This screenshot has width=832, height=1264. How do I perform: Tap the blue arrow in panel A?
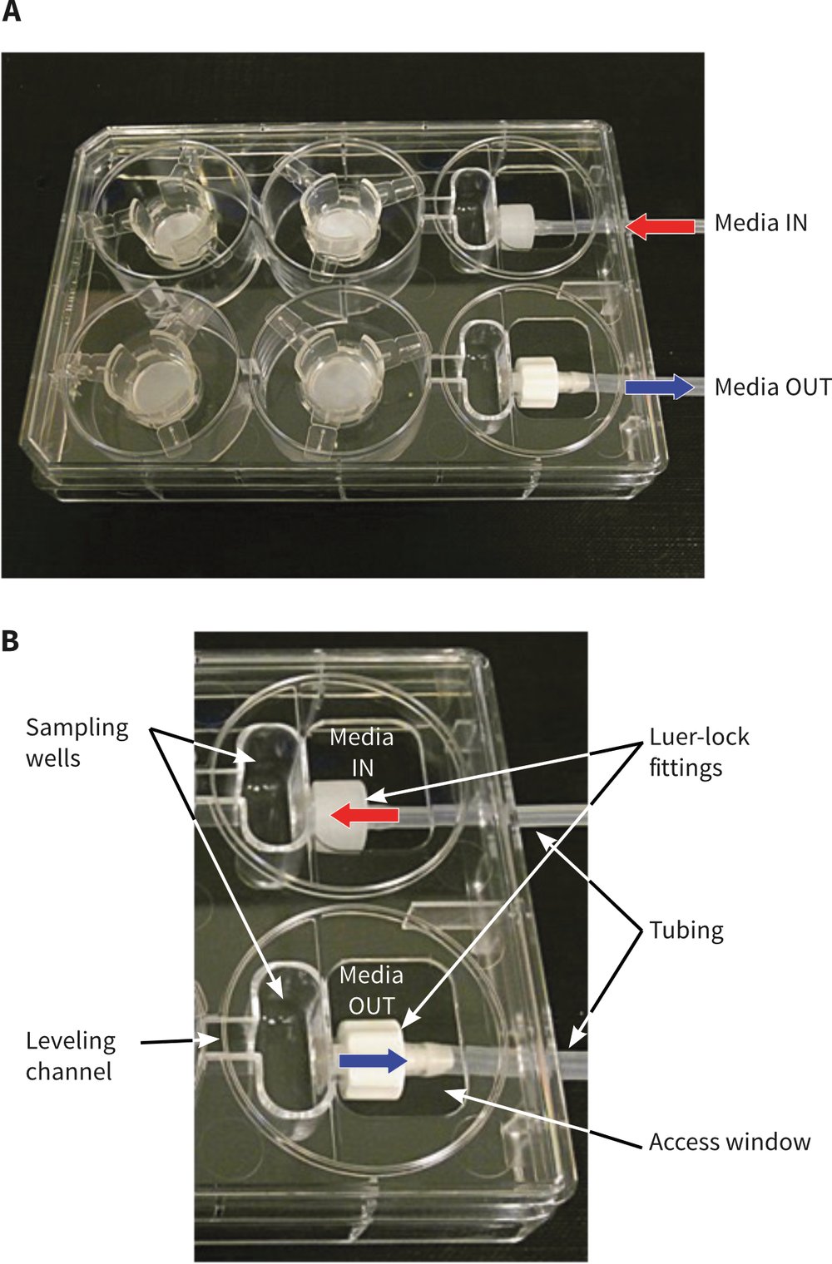[x=660, y=387]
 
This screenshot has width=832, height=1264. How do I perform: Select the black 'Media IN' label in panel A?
[x=760, y=223]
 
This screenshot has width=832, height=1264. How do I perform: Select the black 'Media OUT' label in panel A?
[x=772, y=387]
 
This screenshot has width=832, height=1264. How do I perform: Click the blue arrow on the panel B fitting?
[x=373, y=1060]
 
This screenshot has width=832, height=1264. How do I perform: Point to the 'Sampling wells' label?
[x=77, y=743]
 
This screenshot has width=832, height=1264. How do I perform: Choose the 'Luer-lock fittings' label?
[x=699, y=752]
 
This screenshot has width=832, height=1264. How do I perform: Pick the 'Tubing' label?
[x=686, y=930]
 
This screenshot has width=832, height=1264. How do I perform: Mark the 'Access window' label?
[x=729, y=1142]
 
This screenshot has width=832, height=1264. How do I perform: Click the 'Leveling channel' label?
[x=70, y=1056]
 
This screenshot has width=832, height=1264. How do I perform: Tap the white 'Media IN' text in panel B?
[x=361, y=752]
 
